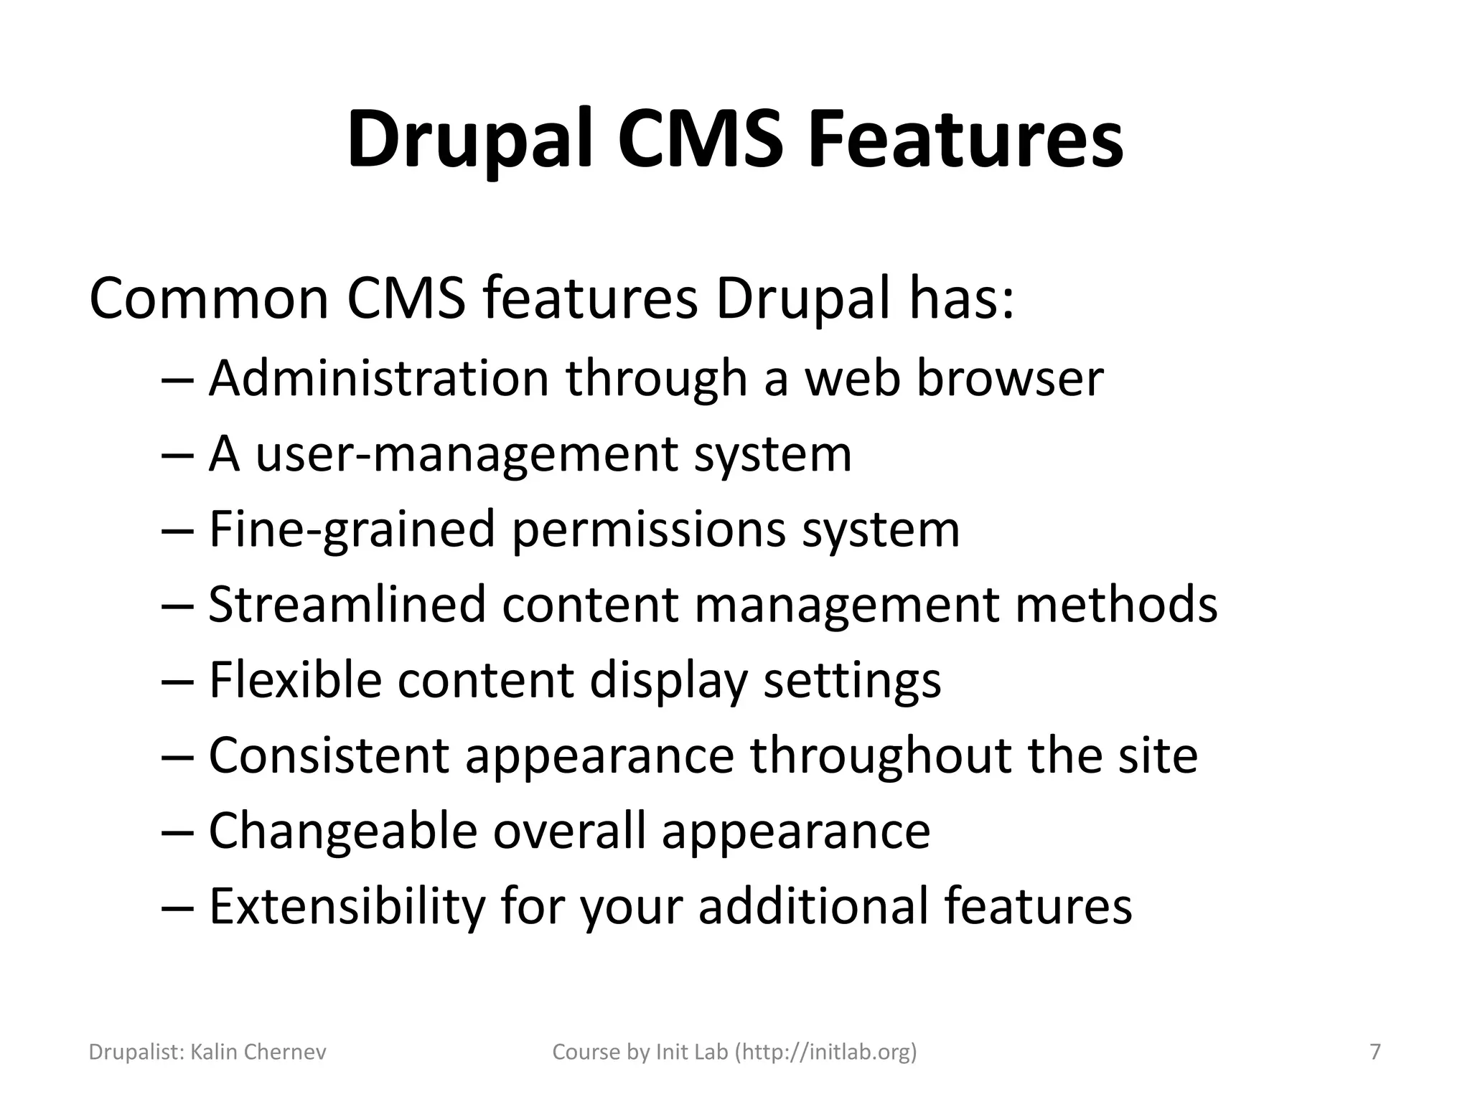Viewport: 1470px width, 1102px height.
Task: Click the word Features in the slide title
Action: pos(965,140)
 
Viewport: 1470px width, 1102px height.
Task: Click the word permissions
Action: pos(647,530)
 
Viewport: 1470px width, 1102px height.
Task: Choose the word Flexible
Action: pos(294,680)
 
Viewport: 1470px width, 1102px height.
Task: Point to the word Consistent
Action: pos(329,755)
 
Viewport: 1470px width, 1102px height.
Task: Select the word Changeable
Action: pos(343,832)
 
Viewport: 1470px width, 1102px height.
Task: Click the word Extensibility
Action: pos(347,906)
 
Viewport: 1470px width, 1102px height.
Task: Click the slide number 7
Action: pos(1375,1052)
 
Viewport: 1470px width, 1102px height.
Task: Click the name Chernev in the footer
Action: pos(285,1052)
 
